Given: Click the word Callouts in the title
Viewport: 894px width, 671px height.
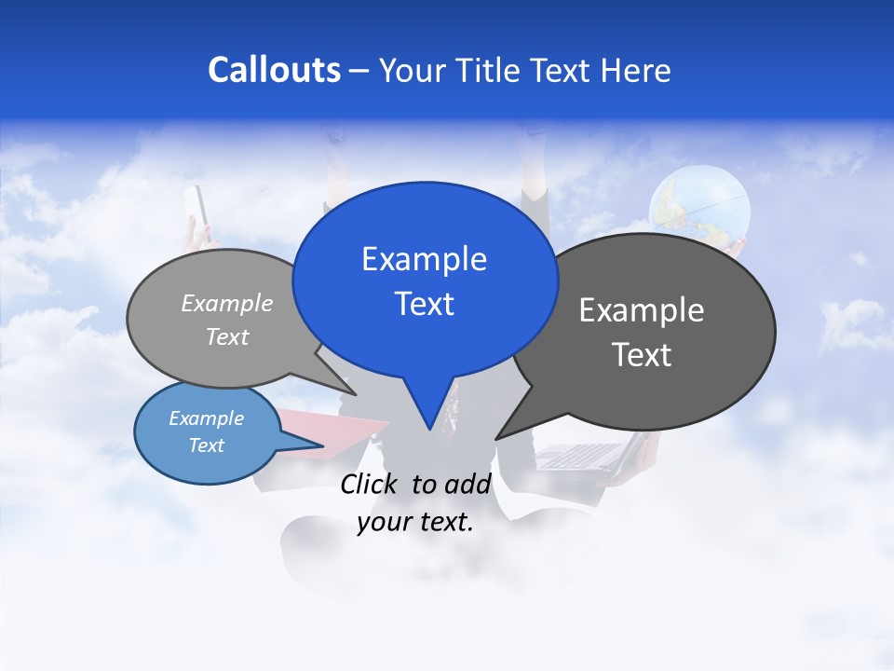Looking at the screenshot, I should [x=274, y=70].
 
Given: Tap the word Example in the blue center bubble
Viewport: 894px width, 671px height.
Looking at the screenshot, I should [x=424, y=259].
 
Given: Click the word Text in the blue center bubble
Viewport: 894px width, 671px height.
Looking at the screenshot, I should [x=424, y=304].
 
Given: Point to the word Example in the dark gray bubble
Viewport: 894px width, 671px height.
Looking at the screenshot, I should [x=642, y=310].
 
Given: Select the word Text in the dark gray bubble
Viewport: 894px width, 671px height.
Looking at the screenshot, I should [x=642, y=355].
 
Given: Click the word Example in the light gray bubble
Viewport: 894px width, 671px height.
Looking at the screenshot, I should [x=227, y=303].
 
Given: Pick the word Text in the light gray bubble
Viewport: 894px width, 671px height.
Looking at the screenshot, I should [x=227, y=336].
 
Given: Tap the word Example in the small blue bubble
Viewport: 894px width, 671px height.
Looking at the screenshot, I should [x=207, y=418].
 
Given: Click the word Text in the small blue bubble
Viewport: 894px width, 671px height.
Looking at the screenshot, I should [x=207, y=445].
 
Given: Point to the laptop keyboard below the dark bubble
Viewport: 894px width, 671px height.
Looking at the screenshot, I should [x=579, y=456].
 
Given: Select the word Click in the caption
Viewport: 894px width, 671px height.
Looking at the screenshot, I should [x=369, y=484].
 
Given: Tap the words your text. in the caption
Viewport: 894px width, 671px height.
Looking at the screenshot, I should [x=415, y=522].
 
